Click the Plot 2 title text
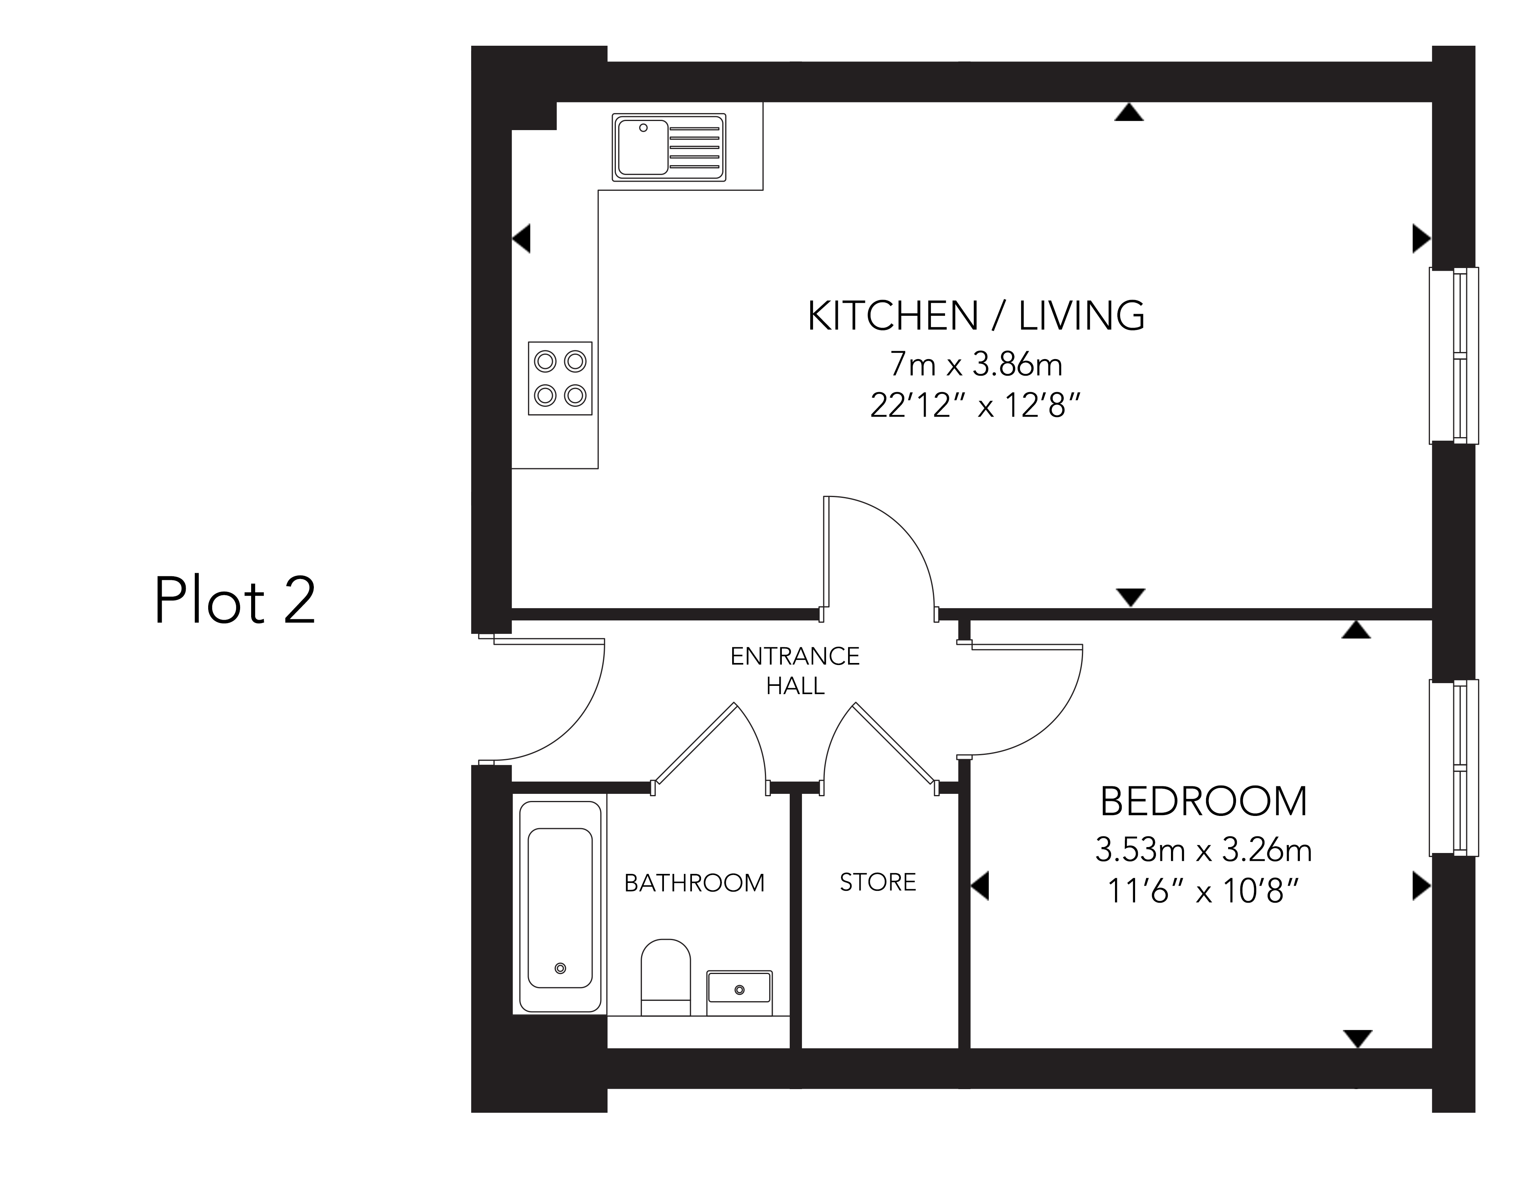pos(235,600)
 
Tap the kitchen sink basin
pos(642,147)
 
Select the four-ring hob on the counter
pos(560,378)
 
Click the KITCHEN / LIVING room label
pos(975,316)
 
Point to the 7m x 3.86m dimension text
pos(975,364)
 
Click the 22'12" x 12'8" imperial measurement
pos(975,405)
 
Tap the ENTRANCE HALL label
pos(794,670)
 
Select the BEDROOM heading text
pos(1203,802)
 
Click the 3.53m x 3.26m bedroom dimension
pos(1203,851)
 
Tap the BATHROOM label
pos(694,883)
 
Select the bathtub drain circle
pos(560,968)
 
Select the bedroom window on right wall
pos(1454,768)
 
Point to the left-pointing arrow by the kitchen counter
pos(522,238)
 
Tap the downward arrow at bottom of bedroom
pos(1358,1037)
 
